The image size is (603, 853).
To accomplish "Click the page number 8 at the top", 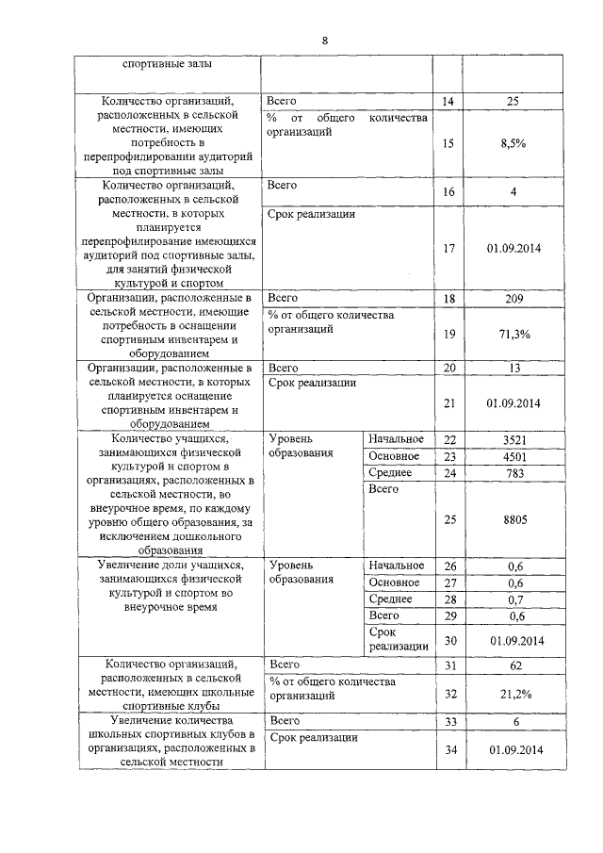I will tap(325, 41).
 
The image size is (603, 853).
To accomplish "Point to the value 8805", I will tap(513, 519).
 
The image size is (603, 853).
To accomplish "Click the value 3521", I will tap(513, 439).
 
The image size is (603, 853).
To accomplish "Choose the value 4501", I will tap(513, 456).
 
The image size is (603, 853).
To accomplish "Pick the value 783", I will tap(513, 472).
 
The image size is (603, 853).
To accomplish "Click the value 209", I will tap(513, 298).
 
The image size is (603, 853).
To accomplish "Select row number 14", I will tap(448, 100).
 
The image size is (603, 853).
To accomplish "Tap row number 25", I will tap(448, 519).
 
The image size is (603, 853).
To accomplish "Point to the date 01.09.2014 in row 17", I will tap(513, 248).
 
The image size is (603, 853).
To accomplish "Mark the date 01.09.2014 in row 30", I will tap(513, 640).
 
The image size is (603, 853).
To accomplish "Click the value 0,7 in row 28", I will tap(513, 599).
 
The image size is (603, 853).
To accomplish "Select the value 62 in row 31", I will tap(513, 664).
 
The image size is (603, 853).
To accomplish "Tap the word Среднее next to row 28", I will tap(390, 599).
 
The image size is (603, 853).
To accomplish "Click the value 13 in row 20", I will tap(513, 368).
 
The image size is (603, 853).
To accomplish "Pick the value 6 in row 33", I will tap(513, 721).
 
